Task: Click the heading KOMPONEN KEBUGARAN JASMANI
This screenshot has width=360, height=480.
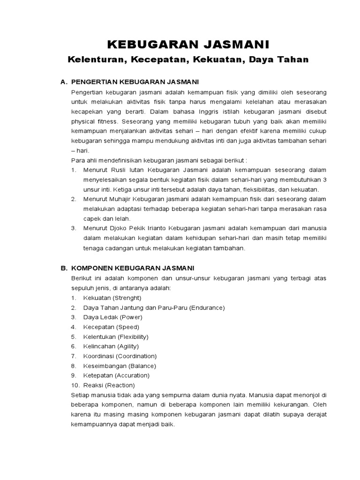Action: click(133, 268)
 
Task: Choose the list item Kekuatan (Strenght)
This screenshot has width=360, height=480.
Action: click(112, 298)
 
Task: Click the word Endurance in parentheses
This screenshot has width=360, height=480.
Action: click(207, 307)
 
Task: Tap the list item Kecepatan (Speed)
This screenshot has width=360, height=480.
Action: click(111, 327)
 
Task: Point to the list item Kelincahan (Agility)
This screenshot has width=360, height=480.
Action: click(111, 346)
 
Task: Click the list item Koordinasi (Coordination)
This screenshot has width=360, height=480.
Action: click(120, 356)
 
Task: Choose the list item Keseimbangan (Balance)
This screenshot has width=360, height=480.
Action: click(120, 366)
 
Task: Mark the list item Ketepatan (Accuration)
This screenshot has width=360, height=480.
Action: click(116, 375)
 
